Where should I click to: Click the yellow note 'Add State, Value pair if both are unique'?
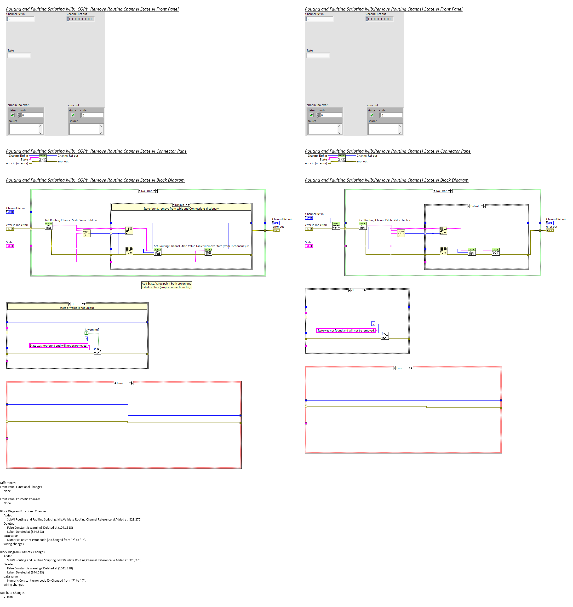click(x=166, y=283)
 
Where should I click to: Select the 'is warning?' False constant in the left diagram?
click(x=86, y=333)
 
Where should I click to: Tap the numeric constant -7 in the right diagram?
click(x=373, y=324)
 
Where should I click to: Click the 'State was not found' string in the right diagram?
click(x=345, y=331)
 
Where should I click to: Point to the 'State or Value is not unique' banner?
click(x=77, y=308)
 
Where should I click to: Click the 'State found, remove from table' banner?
click(x=181, y=209)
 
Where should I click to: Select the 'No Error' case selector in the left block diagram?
click(x=148, y=191)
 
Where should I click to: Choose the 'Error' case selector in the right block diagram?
click(x=403, y=368)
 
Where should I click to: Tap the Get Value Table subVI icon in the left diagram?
click(x=49, y=226)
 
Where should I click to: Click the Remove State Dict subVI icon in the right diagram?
click(x=495, y=252)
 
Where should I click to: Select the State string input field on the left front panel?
click(x=19, y=56)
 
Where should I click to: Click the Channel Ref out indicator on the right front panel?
click(x=380, y=19)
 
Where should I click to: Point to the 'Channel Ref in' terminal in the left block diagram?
click(x=10, y=212)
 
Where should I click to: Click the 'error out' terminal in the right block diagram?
click(x=550, y=230)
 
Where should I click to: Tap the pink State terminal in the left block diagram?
click(x=10, y=246)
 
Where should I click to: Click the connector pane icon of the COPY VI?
click(x=43, y=158)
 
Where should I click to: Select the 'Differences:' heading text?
click(x=8, y=483)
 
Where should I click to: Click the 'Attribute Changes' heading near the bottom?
click(x=12, y=593)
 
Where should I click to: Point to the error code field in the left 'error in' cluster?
click(x=32, y=115)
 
